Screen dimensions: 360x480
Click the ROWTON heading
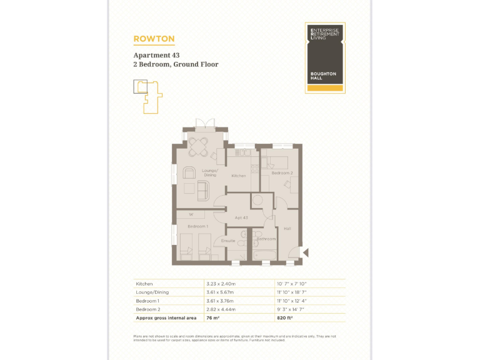pos(153,39)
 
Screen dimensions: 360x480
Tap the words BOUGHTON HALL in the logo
pos(323,76)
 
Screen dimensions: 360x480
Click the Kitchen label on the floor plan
pos(239,176)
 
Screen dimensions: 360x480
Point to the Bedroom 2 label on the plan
pos(282,172)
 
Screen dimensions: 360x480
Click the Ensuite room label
pos(228,240)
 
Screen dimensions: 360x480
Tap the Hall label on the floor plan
pos(287,229)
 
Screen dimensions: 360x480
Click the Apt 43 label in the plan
pos(242,217)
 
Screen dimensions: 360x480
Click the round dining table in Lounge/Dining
pos(199,146)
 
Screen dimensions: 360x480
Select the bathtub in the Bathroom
pos(265,255)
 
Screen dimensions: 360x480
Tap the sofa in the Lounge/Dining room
pos(202,191)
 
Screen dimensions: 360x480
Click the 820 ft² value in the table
pos(286,317)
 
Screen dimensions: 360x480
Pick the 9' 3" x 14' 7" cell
pos(291,309)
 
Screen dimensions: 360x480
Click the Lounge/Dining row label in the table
pos(152,292)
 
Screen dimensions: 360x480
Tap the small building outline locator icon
pos(147,96)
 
